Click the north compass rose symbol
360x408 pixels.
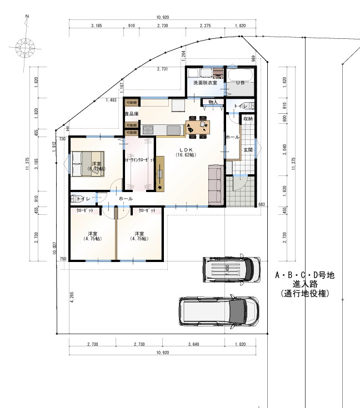tap(26, 46)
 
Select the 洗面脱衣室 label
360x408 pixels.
tap(205, 82)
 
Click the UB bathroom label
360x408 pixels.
tap(240, 82)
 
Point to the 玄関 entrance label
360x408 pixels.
tap(248, 150)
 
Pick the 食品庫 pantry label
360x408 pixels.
tap(131, 114)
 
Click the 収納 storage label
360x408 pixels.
tap(248, 119)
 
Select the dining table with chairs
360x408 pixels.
tap(198, 127)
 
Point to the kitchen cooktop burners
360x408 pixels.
tap(148, 129)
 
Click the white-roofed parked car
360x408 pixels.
tap(231, 269)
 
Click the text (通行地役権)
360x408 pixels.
tap(305, 294)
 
